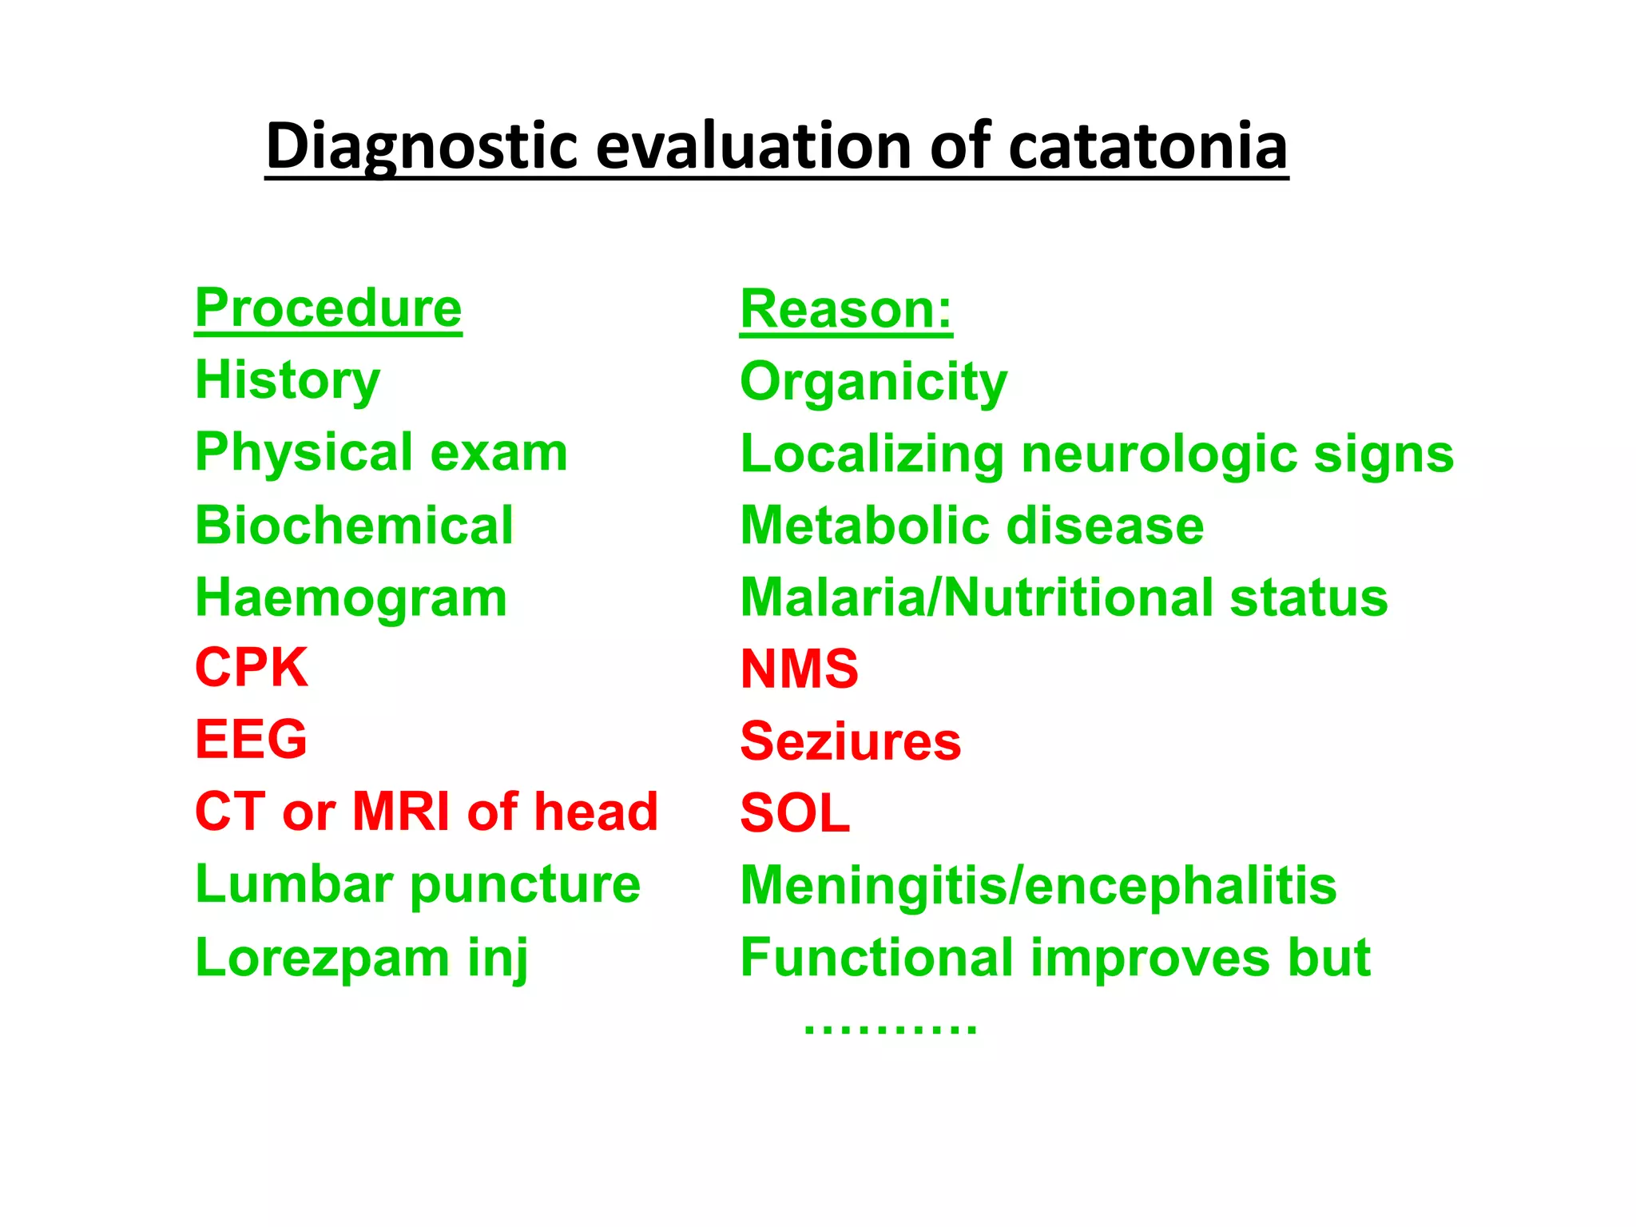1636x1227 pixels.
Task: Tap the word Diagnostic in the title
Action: (421, 146)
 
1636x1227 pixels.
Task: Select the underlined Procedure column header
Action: (328, 308)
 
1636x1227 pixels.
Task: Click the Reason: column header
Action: (846, 309)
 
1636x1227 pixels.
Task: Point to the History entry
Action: (288, 380)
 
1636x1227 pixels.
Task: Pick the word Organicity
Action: (873, 382)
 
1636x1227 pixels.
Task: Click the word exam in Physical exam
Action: (498, 453)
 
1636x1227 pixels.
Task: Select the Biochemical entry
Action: (354, 526)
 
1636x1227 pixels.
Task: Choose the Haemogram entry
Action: (351, 598)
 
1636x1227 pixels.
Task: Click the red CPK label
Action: (251, 668)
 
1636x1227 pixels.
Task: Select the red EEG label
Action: (251, 739)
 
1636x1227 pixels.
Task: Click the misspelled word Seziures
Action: (850, 741)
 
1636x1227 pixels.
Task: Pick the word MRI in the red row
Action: (401, 812)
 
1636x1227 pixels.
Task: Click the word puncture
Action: (525, 885)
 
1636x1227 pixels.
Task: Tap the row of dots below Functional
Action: (890, 1027)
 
